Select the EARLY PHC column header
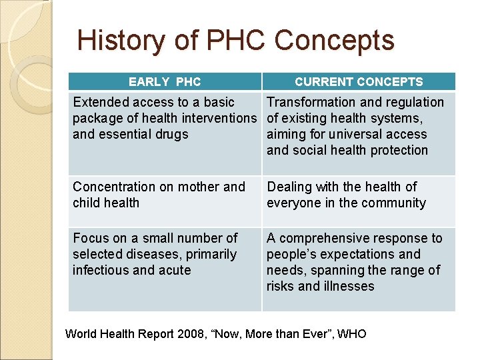(165, 82)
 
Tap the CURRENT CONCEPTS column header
(359, 82)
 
